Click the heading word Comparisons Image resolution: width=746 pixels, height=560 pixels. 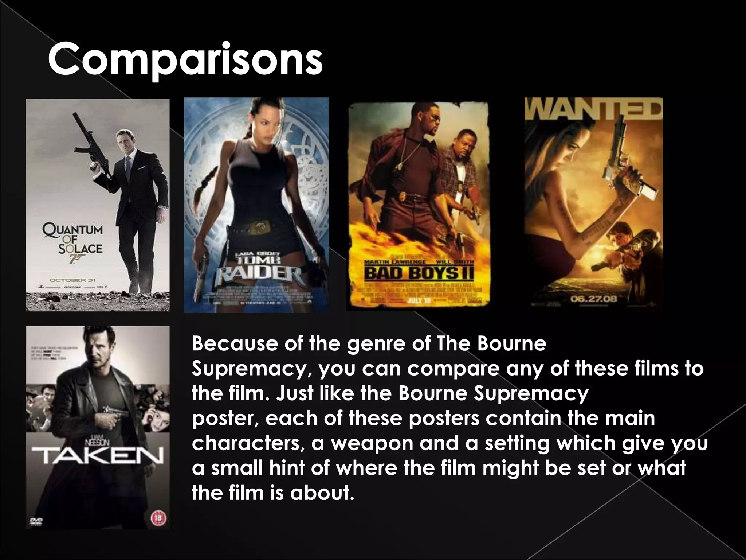185,58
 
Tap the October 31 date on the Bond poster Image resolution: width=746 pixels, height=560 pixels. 68,280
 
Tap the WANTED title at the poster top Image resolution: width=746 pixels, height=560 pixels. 593,109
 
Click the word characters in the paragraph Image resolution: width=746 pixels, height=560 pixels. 248,443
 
